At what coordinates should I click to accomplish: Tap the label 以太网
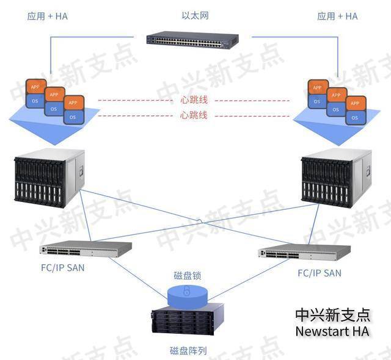click(195, 16)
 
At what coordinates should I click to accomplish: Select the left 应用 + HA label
click(48, 16)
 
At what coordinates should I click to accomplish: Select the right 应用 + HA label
click(337, 16)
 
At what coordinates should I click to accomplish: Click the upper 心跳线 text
click(194, 100)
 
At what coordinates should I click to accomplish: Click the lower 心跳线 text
click(194, 115)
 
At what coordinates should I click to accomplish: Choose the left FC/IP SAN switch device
click(86, 249)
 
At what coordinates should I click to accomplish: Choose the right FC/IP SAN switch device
click(304, 253)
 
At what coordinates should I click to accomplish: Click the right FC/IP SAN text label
click(319, 273)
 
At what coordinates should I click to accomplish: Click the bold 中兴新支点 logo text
click(332, 314)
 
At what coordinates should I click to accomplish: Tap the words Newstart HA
click(332, 331)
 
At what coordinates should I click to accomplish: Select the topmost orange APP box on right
click(317, 87)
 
